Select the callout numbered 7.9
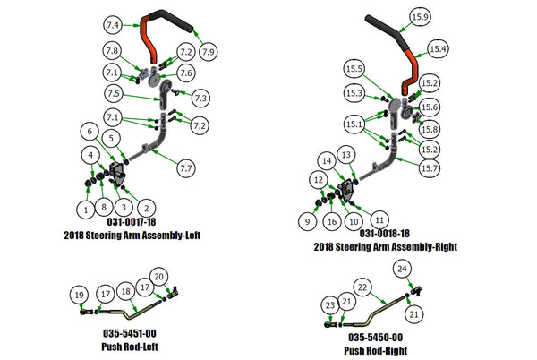[209, 54]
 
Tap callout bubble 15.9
[419, 17]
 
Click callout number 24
[402, 269]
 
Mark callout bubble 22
[362, 287]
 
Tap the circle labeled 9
[309, 219]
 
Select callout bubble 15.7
[430, 167]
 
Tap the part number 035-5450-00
[375, 338]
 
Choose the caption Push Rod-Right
[375, 351]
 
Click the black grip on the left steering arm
[171, 16]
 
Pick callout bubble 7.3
[200, 98]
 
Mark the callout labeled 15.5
[354, 69]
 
